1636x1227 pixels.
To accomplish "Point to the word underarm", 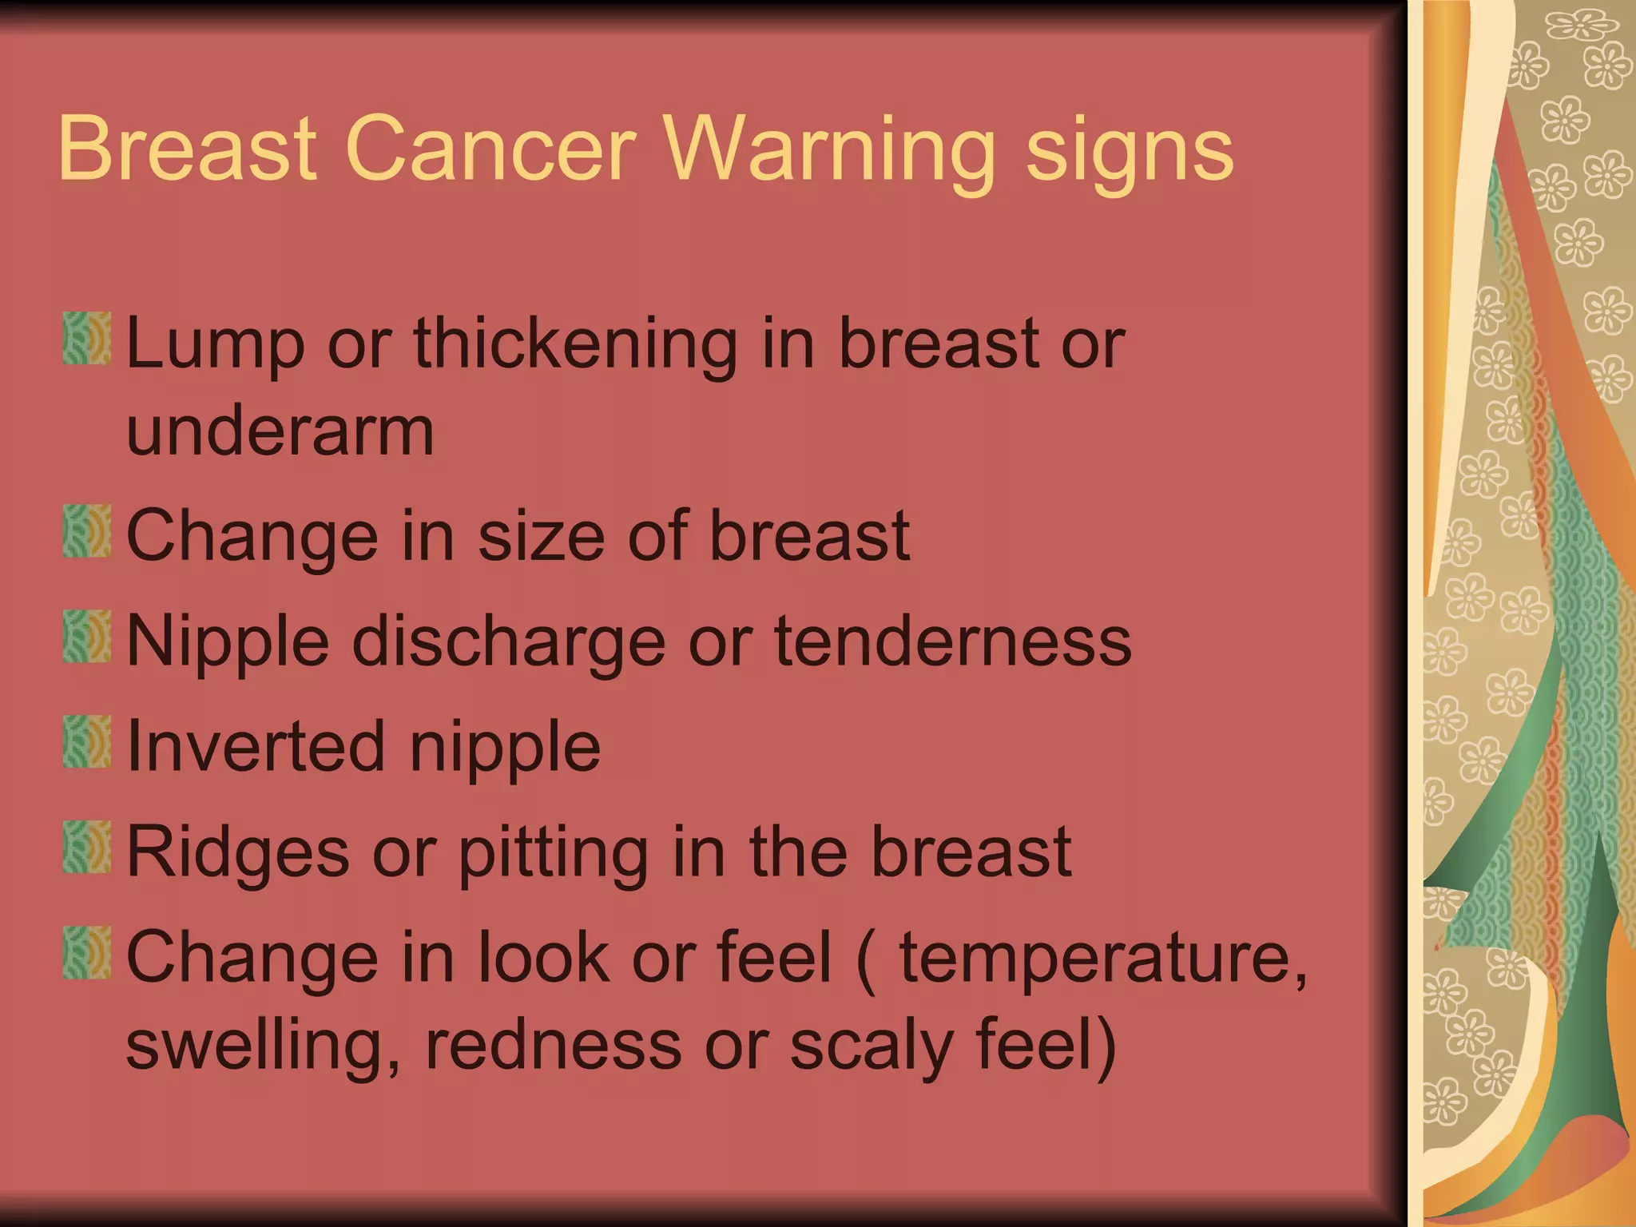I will coord(280,431).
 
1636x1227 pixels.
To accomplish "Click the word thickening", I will coord(575,345).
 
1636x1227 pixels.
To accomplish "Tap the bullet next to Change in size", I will coord(86,530).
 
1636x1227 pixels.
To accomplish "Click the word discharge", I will coord(509,643).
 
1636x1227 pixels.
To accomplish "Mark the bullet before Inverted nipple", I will coord(86,741).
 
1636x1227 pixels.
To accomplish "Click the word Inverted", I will coord(256,746).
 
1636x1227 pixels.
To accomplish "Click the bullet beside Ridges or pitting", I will coord(86,847).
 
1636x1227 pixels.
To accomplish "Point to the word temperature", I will coord(1103,959).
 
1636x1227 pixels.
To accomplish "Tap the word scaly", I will coord(872,1046).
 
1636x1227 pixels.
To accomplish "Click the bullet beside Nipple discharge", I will coord(86,637).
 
